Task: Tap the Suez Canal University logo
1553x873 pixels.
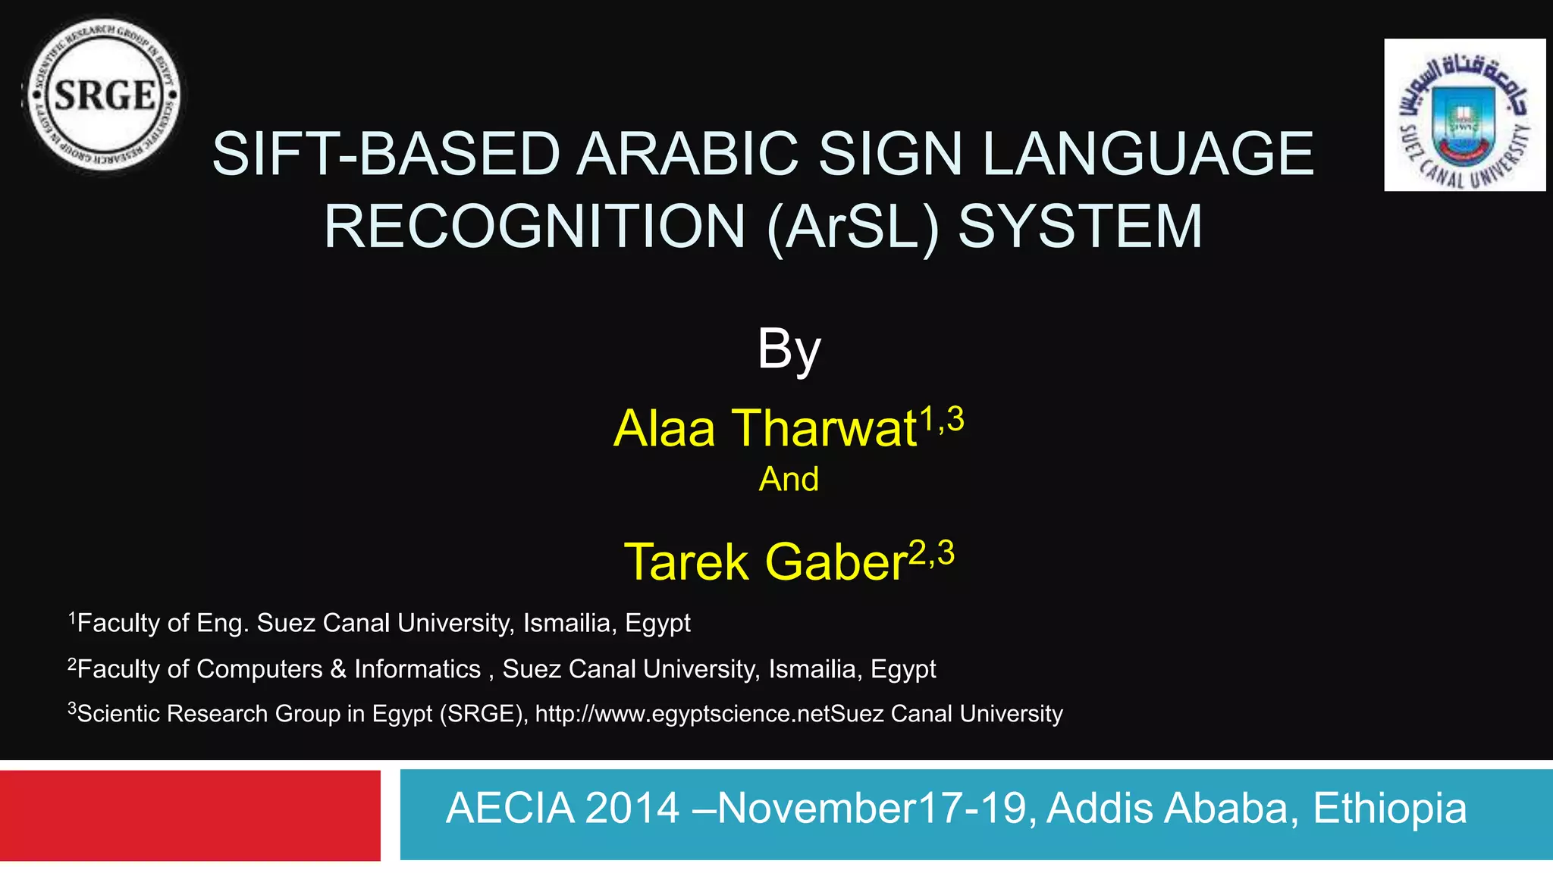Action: [1464, 114]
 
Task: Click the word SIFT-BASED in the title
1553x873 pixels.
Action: [385, 155]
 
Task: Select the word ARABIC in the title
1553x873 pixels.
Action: [687, 155]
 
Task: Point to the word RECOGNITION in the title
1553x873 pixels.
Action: [535, 227]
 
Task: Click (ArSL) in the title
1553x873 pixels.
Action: [853, 227]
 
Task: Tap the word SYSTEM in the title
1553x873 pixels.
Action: [1080, 227]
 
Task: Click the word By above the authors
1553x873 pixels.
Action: [789, 349]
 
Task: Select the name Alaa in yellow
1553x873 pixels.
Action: [664, 429]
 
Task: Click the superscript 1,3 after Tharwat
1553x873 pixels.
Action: [941, 419]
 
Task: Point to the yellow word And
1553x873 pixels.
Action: [789, 480]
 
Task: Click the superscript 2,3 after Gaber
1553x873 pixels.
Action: [931, 554]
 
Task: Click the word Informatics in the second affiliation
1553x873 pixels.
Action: [417, 669]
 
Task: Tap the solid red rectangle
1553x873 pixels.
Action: [190, 815]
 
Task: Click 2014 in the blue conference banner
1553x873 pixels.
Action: [632, 809]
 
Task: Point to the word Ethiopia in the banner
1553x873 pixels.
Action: [1389, 809]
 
